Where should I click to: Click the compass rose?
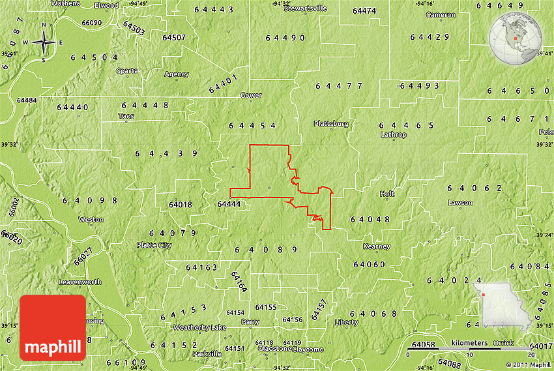click(44, 44)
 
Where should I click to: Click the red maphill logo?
click(53, 327)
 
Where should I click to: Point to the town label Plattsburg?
click(331, 123)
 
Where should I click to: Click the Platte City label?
click(154, 245)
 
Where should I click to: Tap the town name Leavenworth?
click(80, 282)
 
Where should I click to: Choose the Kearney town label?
click(377, 246)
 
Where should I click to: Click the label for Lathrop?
click(393, 135)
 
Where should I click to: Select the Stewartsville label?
click(305, 9)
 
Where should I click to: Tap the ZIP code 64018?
click(180, 204)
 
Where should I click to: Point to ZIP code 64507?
click(173, 37)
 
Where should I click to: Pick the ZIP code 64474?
click(364, 11)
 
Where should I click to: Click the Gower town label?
click(251, 95)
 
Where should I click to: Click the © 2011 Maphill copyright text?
click(527, 364)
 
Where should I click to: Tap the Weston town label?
click(91, 220)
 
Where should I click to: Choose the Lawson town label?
click(460, 203)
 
